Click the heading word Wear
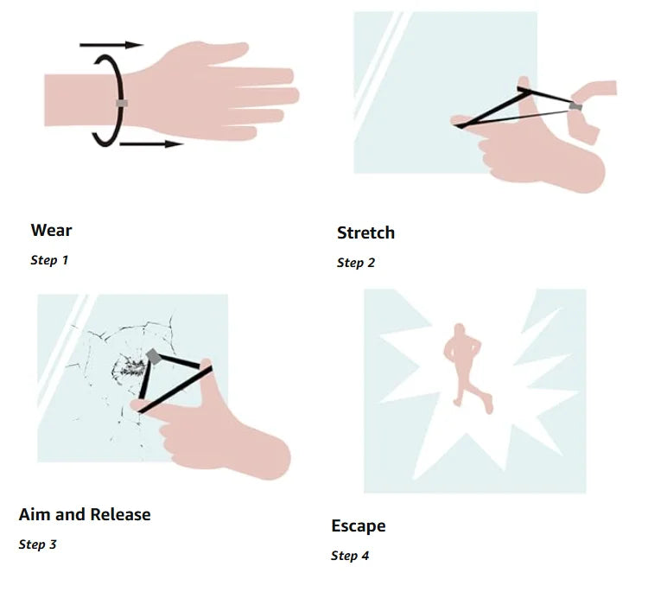pyautogui.click(x=51, y=230)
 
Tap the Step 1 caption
pyautogui.click(x=49, y=260)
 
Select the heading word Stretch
pyautogui.click(x=365, y=232)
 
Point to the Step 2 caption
pyautogui.click(x=356, y=263)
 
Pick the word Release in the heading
pyautogui.click(x=120, y=515)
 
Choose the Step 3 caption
pyautogui.click(x=38, y=544)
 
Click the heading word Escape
pyautogui.click(x=359, y=525)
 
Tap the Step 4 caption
pyautogui.click(x=350, y=556)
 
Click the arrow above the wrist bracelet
pyautogui.click(x=111, y=45)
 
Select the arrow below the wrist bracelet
pyautogui.click(x=151, y=143)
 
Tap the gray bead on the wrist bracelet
pyautogui.click(x=122, y=103)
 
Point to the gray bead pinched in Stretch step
pyautogui.click(x=575, y=106)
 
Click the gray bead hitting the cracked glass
pyautogui.click(x=153, y=356)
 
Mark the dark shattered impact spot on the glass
pyautogui.click(x=130, y=367)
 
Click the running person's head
pyautogui.click(x=459, y=329)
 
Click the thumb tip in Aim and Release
pyautogui.click(x=206, y=364)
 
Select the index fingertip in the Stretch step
pyautogui.click(x=457, y=121)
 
